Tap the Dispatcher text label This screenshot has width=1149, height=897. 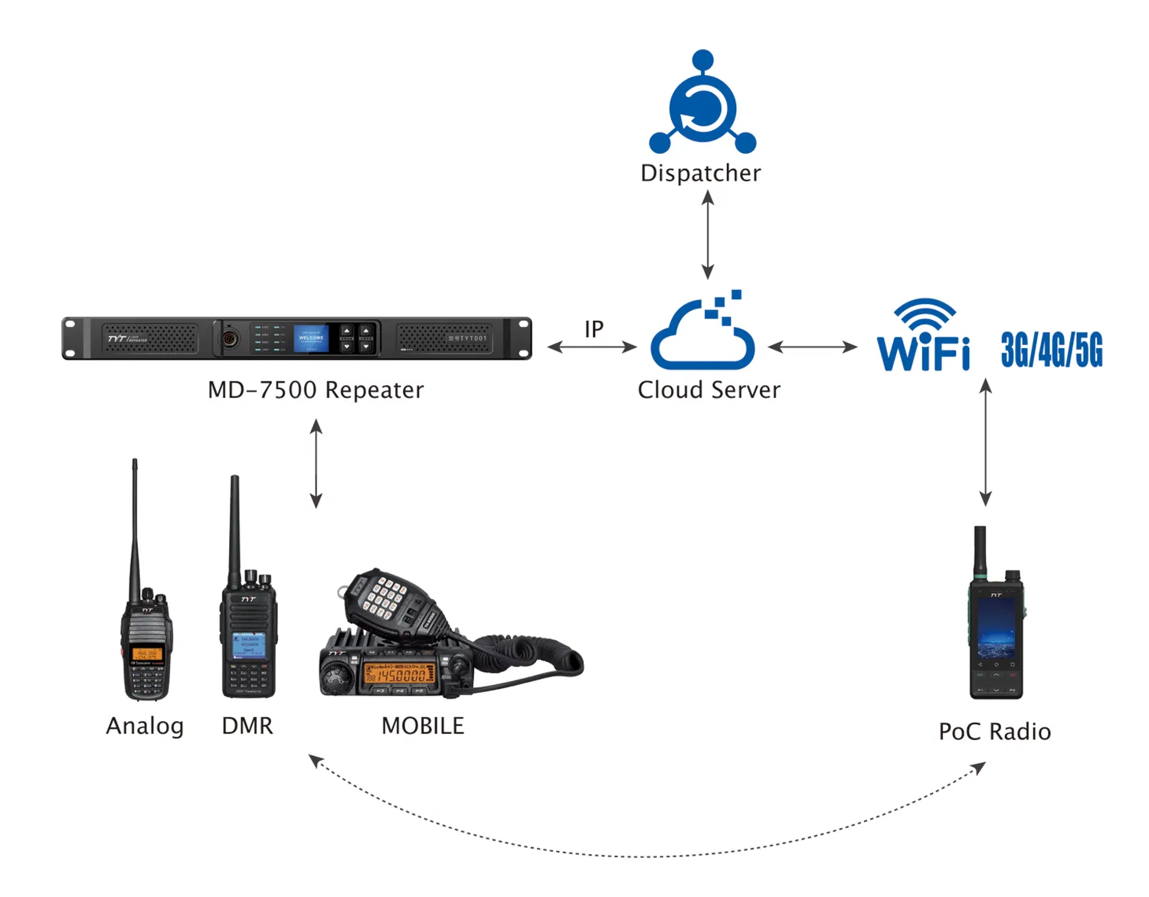701,173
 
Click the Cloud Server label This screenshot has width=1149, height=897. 709,390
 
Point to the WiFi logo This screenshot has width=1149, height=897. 924,337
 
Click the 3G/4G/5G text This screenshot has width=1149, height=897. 1052,351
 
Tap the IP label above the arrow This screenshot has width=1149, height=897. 594,329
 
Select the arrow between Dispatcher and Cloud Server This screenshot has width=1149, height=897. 708,234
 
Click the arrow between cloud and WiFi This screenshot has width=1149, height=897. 812,347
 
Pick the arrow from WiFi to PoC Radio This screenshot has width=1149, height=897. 986,442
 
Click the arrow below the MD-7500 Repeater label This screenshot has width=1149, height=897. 316,463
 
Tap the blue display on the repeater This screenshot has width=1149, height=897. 311,338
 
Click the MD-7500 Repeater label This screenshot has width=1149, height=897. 316,390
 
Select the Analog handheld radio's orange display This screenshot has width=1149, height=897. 146,654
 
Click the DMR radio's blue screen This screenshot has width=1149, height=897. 249,645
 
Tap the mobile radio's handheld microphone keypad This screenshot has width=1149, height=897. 384,596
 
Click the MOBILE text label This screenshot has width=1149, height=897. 423,726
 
